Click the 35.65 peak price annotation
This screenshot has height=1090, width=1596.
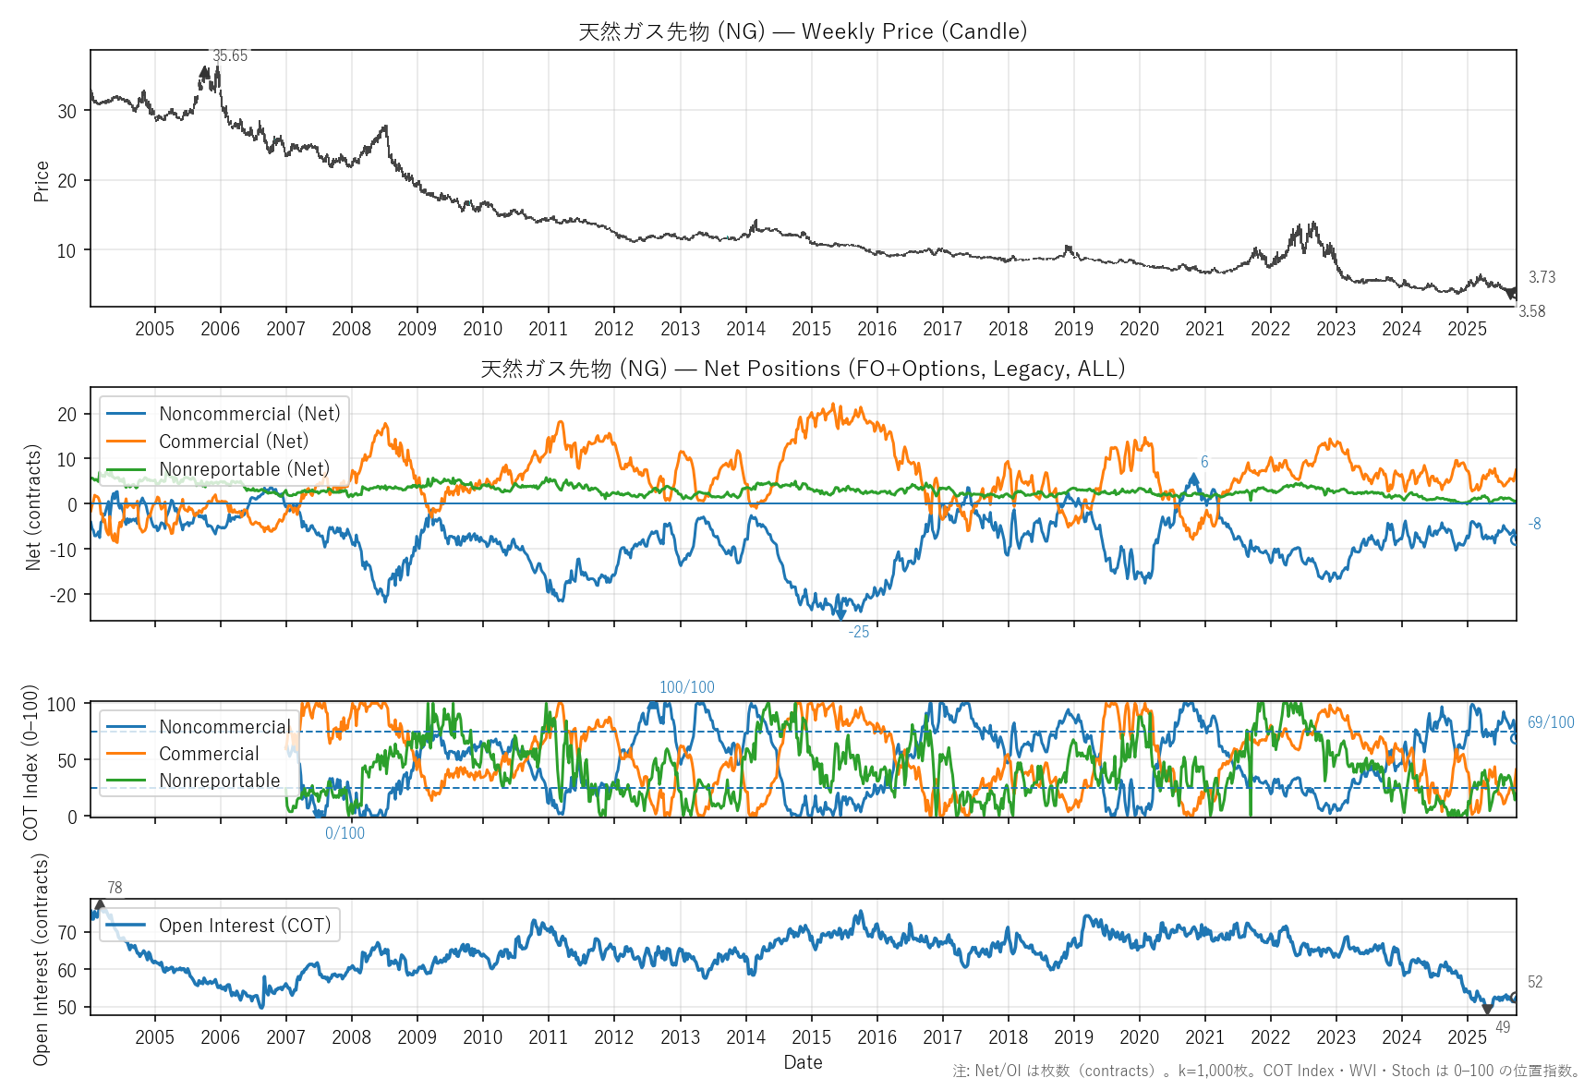pyautogui.click(x=230, y=56)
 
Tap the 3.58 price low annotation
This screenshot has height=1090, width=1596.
pyautogui.click(x=1531, y=311)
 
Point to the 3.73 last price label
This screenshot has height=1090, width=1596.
pyautogui.click(x=1542, y=277)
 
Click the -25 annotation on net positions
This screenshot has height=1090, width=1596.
pyautogui.click(x=859, y=633)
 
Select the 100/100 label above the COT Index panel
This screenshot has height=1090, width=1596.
pyautogui.click(x=686, y=687)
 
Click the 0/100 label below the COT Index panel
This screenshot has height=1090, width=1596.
pyautogui.click(x=345, y=833)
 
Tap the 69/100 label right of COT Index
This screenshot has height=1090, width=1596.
pyautogui.click(x=1551, y=722)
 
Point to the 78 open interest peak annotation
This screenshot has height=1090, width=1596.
pyautogui.click(x=115, y=888)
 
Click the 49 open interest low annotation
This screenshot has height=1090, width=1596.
pyautogui.click(x=1503, y=1027)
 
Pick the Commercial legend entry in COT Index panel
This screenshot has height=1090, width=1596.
pyautogui.click(x=209, y=754)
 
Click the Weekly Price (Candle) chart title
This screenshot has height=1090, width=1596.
pyautogui.click(x=803, y=31)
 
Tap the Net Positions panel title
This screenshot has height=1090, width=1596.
pyautogui.click(x=803, y=369)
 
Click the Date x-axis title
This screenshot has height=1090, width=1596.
pyautogui.click(x=803, y=1062)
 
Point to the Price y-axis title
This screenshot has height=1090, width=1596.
pyautogui.click(x=41, y=181)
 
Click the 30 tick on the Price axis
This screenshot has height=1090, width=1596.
pyautogui.click(x=66, y=112)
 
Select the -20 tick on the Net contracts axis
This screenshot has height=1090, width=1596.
pyautogui.click(x=63, y=595)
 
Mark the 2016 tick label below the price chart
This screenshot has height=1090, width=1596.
pyautogui.click(x=877, y=329)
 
